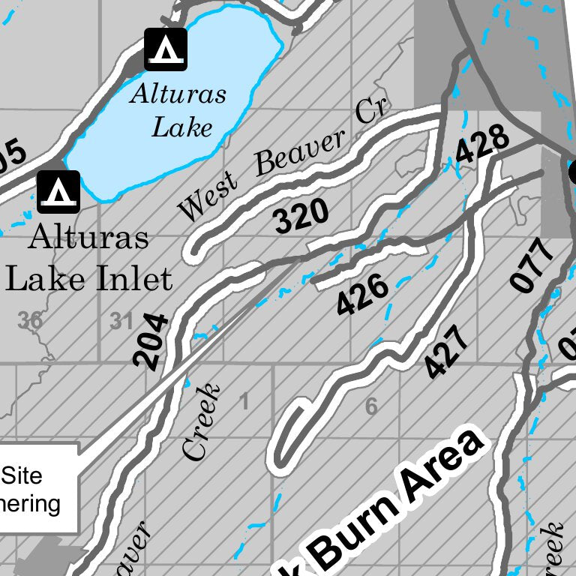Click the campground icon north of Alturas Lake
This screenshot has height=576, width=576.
(166, 49)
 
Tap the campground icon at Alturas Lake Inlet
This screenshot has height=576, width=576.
(58, 192)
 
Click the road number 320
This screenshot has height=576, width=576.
(301, 217)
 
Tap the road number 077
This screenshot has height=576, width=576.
(533, 264)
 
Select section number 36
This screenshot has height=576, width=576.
(30, 320)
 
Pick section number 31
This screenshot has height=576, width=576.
(121, 321)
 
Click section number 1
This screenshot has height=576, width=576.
(243, 403)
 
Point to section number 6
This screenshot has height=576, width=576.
(370, 407)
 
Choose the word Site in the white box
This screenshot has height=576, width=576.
(22, 475)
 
